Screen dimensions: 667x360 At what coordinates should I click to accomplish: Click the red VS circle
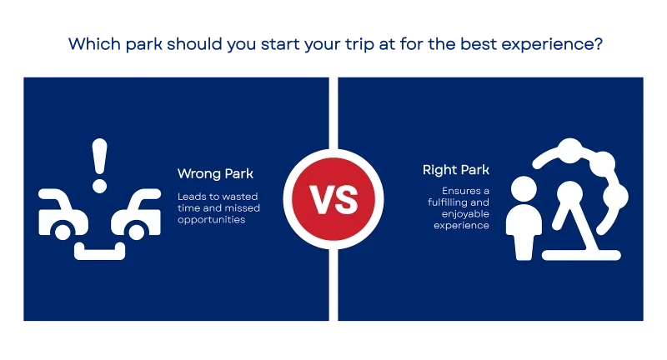tap(333, 199)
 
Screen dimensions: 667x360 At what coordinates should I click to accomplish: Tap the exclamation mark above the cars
tap(99, 165)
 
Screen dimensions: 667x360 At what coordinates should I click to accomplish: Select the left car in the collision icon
tap(63, 213)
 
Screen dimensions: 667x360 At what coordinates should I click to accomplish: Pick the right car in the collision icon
tap(136, 213)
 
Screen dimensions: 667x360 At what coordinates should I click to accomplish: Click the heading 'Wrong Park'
tap(215, 174)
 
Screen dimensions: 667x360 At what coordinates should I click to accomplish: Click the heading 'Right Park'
tap(455, 170)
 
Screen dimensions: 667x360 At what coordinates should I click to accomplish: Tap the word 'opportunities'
tap(212, 220)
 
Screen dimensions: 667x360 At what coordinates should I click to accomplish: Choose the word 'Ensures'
tap(460, 191)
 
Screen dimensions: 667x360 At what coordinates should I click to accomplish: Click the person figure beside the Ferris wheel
tap(524, 217)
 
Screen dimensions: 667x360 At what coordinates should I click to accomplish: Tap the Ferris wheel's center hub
tap(570, 193)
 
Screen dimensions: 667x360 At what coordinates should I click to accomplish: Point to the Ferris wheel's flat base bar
tap(581, 256)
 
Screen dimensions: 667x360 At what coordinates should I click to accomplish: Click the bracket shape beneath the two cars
tap(99, 251)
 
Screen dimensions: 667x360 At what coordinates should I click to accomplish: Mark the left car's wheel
tap(63, 232)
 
